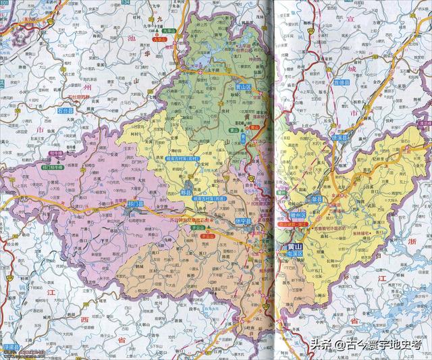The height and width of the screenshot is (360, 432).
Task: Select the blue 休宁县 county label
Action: [x=243, y=221]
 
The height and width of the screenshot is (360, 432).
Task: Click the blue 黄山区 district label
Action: [x=241, y=88]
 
